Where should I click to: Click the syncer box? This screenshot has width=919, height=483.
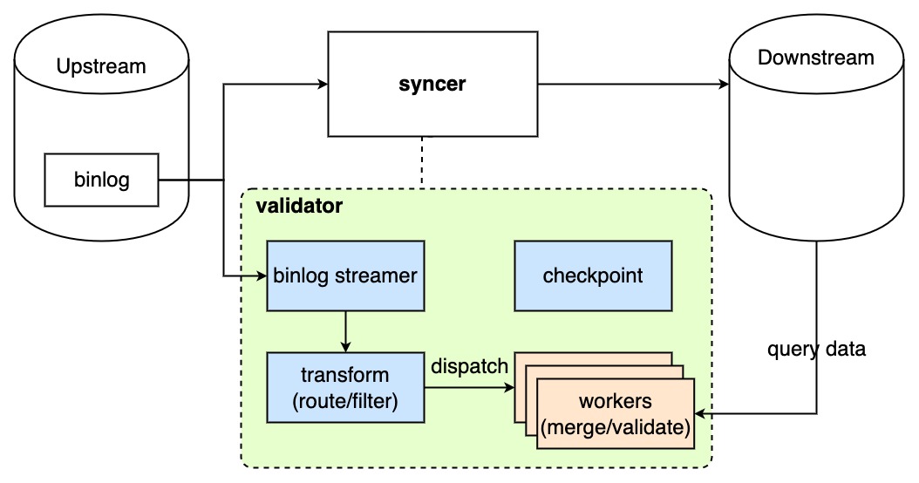tap(432, 85)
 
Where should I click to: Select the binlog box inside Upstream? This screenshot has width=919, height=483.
tap(101, 180)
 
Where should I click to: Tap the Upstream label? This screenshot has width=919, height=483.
tap(101, 66)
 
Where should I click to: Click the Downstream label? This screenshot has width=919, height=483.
tap(815, 58)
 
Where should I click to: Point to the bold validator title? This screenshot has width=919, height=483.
tap(299, 207)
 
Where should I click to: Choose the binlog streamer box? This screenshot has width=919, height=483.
tap(345, 276)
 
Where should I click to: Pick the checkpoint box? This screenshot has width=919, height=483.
tap(593, 276)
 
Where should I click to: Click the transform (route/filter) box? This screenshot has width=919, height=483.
tap(345, 387)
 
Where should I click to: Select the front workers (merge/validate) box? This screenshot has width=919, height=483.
tap(616, 415)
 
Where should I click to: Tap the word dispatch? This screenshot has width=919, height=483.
tap(469, 367)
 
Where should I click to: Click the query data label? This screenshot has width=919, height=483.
tap(816, 350)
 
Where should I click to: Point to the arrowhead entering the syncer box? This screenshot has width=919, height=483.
tap(322, 85)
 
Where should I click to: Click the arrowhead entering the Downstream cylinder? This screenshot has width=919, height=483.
tap(723, 85)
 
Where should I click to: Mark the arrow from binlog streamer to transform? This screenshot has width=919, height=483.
tap(346, 331)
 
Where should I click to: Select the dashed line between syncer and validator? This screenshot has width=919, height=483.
tap(423, 161)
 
